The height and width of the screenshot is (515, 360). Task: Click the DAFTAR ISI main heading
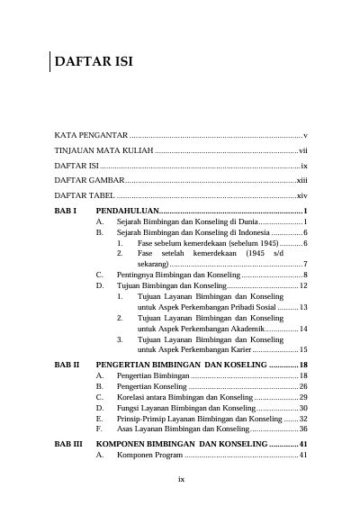click(94, 63)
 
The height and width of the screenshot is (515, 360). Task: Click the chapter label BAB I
click(65, 211)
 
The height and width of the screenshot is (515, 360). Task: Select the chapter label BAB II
click(67, 364)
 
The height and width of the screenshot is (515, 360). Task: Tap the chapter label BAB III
click(68, 445)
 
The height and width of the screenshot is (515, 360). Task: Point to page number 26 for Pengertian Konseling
click(303, 386)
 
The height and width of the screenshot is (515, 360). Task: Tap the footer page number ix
click(181, 480)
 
